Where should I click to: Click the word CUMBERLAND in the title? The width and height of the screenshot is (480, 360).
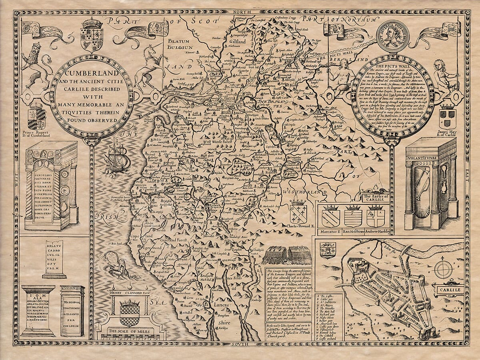[x=90, y=74]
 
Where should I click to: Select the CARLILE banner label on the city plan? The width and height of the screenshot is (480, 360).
[x=452, y=290]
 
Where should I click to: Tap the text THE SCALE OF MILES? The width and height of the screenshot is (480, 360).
[x=130, y=332]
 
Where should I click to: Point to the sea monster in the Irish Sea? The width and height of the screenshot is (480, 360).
[x=112, y=264]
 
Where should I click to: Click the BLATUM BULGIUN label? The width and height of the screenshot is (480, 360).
[x=181, y=44]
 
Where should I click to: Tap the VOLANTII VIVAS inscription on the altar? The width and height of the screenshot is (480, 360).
[x=431, y=152]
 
